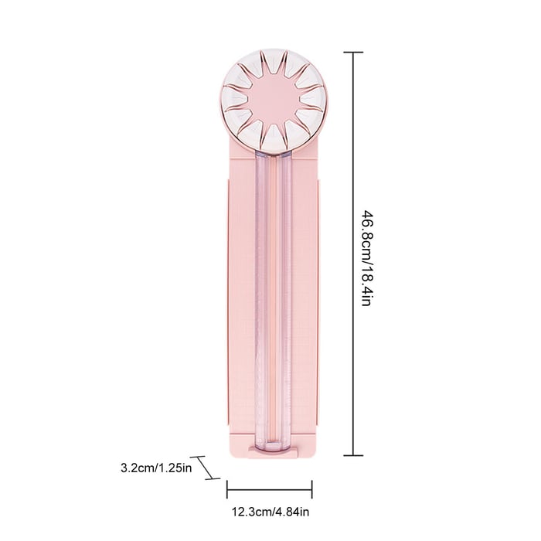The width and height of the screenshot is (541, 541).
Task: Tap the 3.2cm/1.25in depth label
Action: click(x=155, y=468)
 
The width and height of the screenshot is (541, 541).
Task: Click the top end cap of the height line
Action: click(x=353, y=53)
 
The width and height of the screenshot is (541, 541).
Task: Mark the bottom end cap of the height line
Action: click(x=353, y=456)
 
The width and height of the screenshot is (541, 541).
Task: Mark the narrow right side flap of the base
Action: click(x=318, y=309)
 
